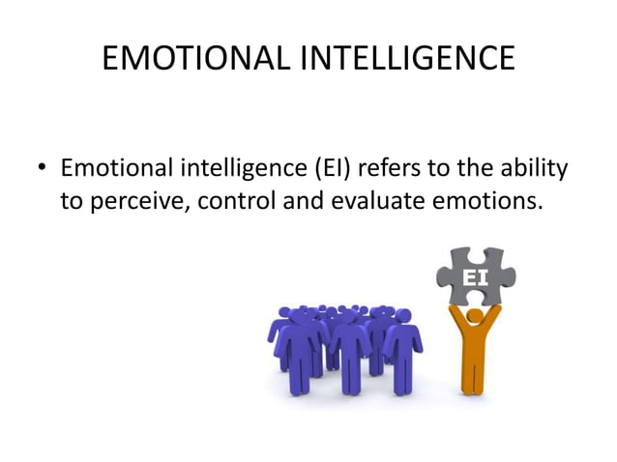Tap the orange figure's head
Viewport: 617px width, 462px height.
point(473,316)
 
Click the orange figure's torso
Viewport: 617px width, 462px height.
point(473,343)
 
